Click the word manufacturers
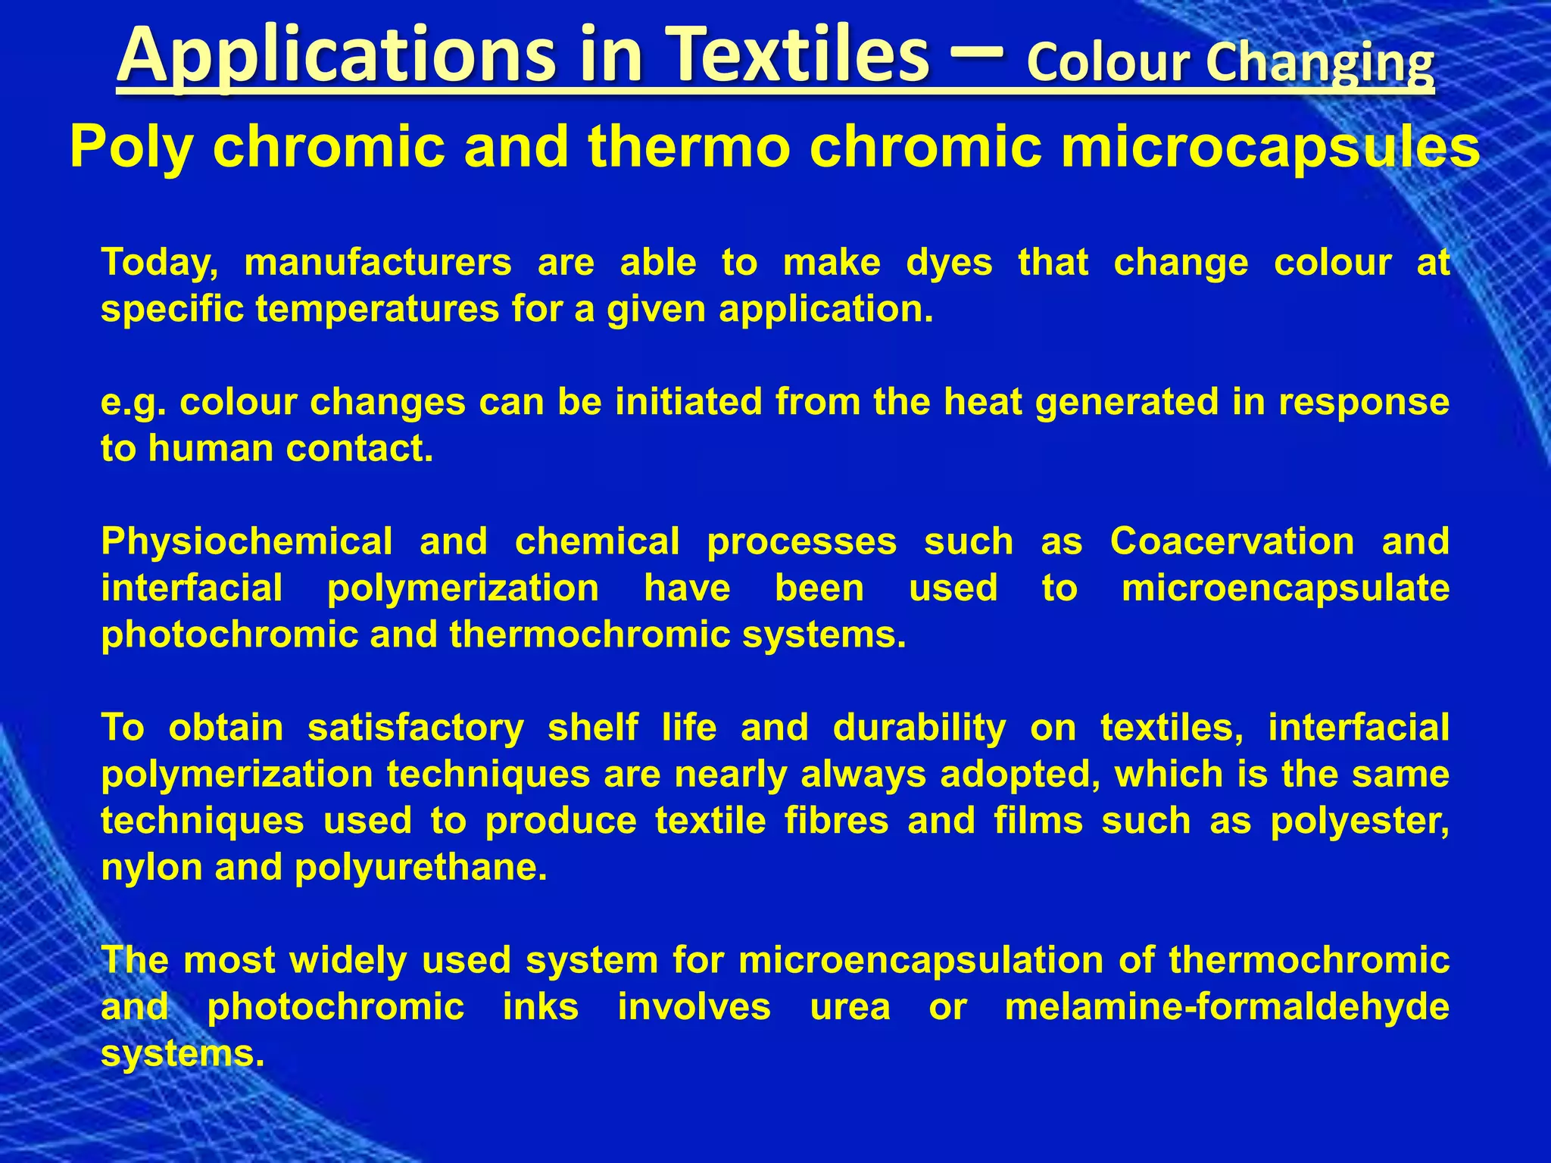[x=378, y=263]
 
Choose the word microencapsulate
[x=1285, y=588]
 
